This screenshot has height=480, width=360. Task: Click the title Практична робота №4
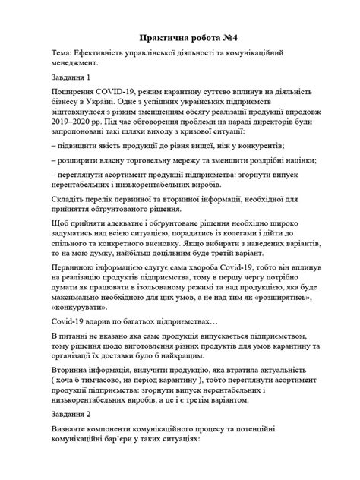pos(180,36)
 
